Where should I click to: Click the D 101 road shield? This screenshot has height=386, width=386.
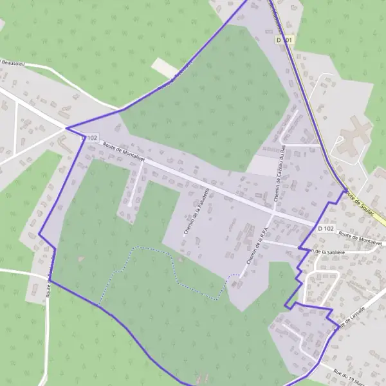pyautogui.click(x=286, y=40)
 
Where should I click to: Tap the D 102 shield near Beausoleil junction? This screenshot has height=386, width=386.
pyautogui.click(x=90, y=138)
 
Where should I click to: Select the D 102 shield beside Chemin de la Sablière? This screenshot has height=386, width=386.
pyautogui.click(x=326, y=228)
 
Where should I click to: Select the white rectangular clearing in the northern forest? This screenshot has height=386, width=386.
pyautogui.click(x=165, y=68)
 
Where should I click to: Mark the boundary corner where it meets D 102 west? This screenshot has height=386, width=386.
pyautogui.click(x=67, y=128)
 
